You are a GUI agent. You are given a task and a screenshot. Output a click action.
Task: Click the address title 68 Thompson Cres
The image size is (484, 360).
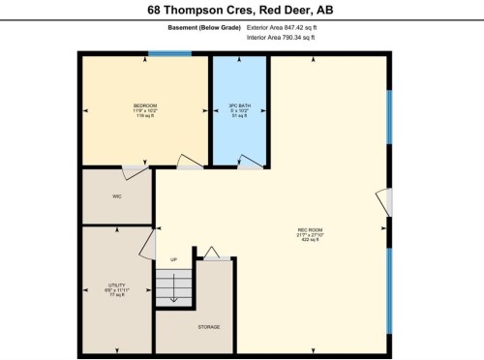[241, 11]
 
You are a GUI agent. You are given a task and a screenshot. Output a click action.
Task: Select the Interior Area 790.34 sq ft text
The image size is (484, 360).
[282, 40]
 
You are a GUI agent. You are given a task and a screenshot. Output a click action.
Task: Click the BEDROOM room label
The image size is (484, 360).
[145, 105]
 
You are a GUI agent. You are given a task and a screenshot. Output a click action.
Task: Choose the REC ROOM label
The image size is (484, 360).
[310, 229]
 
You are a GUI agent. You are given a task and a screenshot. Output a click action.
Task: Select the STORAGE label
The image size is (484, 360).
[209, 326]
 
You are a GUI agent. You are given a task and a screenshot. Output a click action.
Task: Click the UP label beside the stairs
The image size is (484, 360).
[174, 259]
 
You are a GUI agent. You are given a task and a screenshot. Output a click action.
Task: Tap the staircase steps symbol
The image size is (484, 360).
[174, 286]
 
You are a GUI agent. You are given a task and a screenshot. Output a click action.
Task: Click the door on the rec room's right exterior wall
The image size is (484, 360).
[385, 201]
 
